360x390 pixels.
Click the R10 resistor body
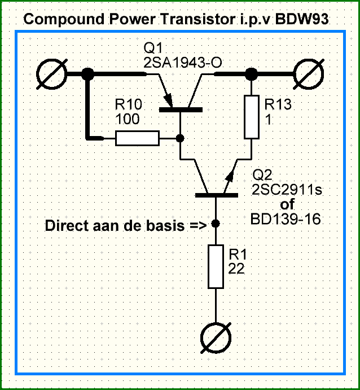(137, 138)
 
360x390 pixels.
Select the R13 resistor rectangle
(252, 117)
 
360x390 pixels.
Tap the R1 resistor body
(216, 267)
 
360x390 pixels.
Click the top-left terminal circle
(52, 74)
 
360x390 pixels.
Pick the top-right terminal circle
(309, 74)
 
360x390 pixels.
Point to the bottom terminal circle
(216, 338)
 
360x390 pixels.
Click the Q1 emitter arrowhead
(169, 100)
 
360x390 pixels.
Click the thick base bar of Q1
(181, 109)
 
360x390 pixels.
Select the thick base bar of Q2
(217, 195)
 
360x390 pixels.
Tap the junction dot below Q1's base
(180, 138)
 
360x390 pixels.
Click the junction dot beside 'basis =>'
(216, 224)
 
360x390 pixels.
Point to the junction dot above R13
(251, 74)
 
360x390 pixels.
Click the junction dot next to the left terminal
(87, 74)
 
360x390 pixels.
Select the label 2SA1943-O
(183, 63)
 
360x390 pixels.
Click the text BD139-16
(286, 220)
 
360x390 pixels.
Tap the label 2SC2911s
(287, 190)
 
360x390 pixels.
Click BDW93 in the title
(302, 19)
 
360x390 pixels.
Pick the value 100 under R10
(128, 119)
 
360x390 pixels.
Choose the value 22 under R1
(236, 269)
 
